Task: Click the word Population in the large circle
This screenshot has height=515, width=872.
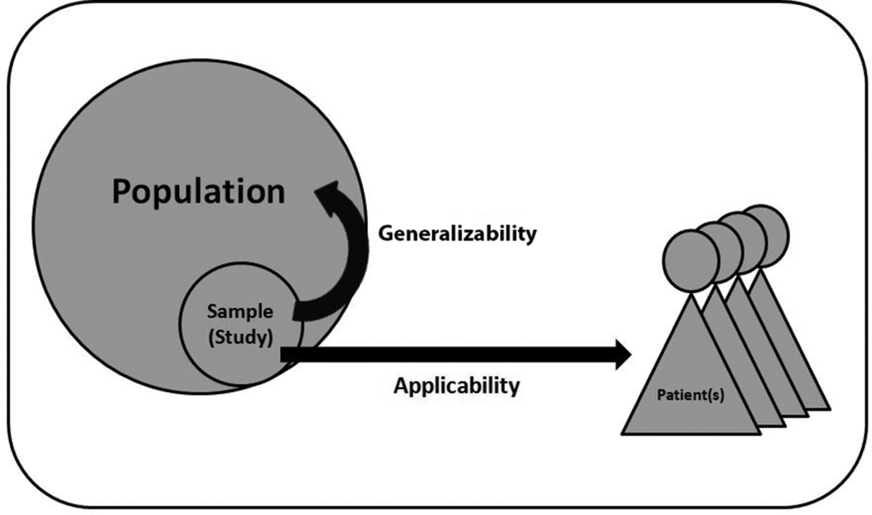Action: click(198, 192)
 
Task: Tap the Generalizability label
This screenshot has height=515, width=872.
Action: click(457, 233)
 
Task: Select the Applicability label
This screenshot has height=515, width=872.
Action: click(456, 386)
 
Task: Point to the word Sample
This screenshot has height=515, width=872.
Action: click(240, 311)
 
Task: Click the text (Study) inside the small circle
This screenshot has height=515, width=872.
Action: click(240, 337)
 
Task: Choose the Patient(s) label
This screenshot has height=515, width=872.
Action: click(690, 395)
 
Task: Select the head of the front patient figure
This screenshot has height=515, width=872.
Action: click(690, 261)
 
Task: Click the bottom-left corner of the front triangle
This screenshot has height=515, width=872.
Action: click(623, 434)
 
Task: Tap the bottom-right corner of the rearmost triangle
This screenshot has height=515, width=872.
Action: click(829, 409)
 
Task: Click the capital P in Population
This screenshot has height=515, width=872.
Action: click(123, 192)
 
